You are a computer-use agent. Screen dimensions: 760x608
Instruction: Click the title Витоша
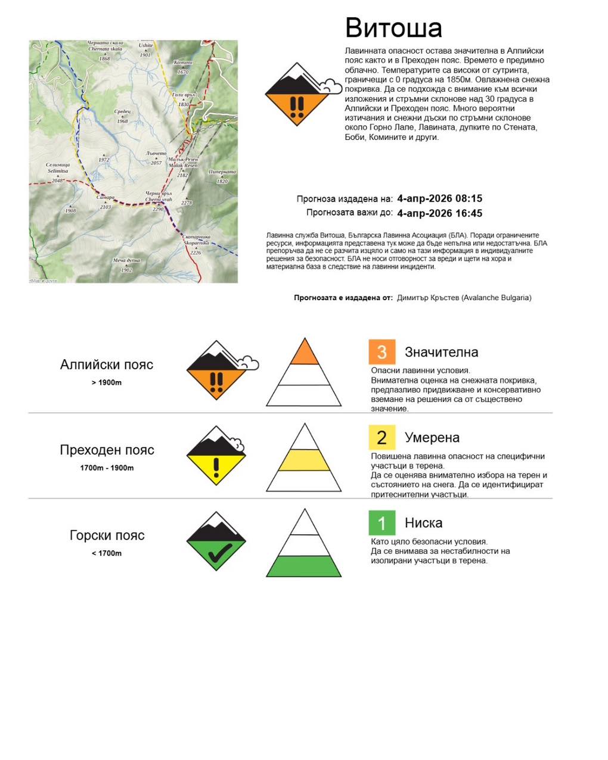[x=393, y=28]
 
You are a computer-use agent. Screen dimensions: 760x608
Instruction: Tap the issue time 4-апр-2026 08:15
[x=439, y=198]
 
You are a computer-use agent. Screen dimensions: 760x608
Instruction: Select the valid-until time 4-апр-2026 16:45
[x=439, y=213]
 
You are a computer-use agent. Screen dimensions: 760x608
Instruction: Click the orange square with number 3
[x=382, y=352]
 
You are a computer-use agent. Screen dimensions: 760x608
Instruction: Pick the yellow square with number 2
[x=382, y=438]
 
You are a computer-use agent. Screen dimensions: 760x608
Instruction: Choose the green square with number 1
[x=382, y=523]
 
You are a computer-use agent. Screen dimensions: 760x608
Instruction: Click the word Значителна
[x=441, y=352]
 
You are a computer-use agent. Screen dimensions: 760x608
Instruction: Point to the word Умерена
[x=432, y=438]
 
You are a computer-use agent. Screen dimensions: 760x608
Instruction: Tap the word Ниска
[x=423, y=523]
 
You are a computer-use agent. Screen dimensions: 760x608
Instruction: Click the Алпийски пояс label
[x=107, y=365]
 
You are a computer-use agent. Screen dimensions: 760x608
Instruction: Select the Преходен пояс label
[x=107, y=450]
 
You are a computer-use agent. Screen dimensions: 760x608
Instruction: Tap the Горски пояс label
[x=107, y=535]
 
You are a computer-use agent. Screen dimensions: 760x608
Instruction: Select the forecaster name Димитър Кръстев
[x=427, y=298]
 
